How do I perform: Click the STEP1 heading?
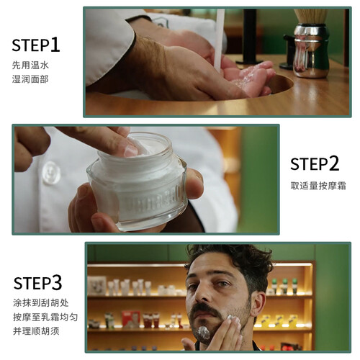tap(36, 45)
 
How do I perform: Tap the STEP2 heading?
tap(315, 163)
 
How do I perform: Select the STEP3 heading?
tap(37, 282)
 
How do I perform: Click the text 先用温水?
tap(30, 65)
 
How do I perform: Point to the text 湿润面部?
tap(30, 79)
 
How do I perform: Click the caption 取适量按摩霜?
tap(318, 186)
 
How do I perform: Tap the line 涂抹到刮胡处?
tap(40, 302)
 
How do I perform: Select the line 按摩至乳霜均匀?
tap(45, 317)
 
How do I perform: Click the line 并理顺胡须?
tap(36, 331)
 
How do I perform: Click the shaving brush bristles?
tap(310, 17)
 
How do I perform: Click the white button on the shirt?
tap(51, 173)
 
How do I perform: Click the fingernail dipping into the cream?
tap(131, 150)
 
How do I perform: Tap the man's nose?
tap(202, 294)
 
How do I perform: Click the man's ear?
tap(258, 304)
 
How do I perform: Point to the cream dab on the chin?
tap(204, 333)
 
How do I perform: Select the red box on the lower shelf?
tap(130, 319)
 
